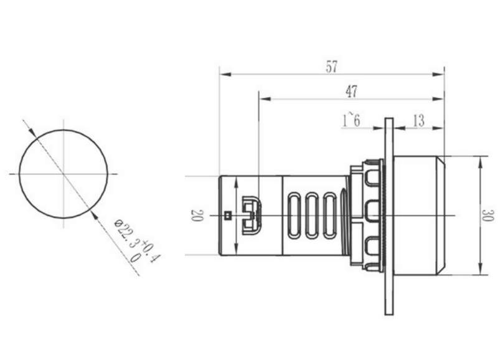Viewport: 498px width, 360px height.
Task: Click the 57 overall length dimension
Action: [331, 67]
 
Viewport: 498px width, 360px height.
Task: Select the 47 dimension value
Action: [351, 92]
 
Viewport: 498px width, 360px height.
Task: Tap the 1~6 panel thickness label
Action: [351, 120]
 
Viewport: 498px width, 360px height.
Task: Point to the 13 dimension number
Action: [418, 121]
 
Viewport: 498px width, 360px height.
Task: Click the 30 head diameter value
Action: [487, 215]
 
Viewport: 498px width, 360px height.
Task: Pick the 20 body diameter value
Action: [196, 215]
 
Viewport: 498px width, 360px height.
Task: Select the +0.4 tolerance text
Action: [151, 251]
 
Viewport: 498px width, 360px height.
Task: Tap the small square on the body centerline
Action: [227, 216]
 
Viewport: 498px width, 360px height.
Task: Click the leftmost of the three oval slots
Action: [293, 215]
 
